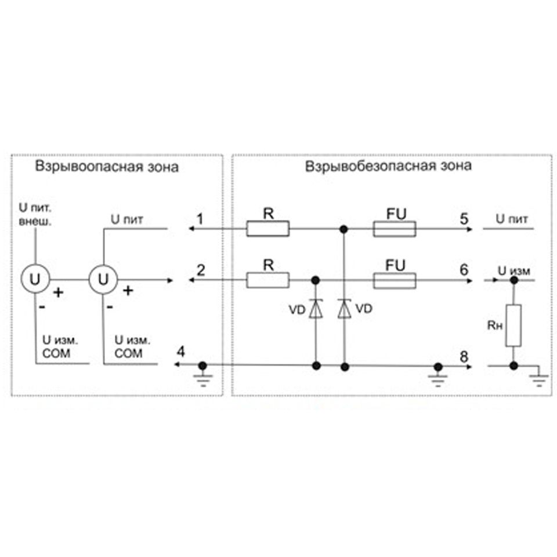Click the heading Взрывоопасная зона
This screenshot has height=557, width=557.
107,167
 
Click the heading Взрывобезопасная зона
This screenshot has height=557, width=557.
388,166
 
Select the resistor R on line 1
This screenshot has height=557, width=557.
268,229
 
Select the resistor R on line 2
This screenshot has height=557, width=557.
268,280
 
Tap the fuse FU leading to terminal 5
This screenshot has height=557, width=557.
395,229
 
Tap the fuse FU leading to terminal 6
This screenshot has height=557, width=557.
395,281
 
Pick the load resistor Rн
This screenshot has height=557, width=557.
513,325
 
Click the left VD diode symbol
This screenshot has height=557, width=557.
316,309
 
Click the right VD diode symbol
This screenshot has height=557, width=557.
344,309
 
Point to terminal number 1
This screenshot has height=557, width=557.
200,219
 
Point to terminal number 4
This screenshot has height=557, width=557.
181,352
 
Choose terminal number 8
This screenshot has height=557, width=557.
464,357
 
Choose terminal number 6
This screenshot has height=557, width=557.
464,270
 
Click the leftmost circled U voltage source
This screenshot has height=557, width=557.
35,279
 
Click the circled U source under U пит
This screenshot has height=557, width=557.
103,280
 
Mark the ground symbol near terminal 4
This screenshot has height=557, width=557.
203,379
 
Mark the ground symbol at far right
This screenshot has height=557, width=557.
539,379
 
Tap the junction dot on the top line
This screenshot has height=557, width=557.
343,229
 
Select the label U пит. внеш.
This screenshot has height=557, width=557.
35,215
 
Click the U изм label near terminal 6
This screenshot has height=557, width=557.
514,271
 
